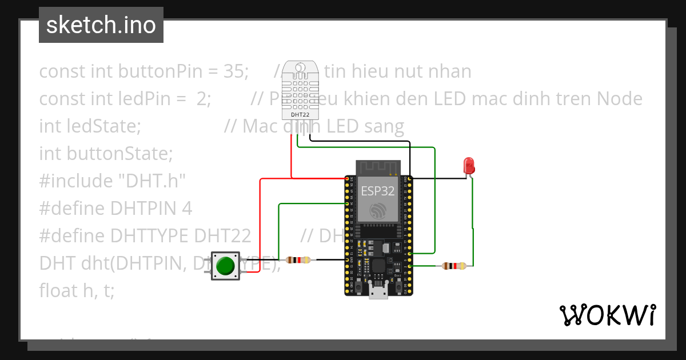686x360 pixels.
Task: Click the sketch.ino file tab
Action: [x=101, y=25]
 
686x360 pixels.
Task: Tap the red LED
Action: [x=469, y=166]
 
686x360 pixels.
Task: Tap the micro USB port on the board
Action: [x=377, y=293]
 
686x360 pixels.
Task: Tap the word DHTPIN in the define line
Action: [x=143, y=208]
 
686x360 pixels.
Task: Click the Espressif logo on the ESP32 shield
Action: [x=377, y=210]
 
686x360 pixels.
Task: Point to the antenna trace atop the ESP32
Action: [x=377, y=167]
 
